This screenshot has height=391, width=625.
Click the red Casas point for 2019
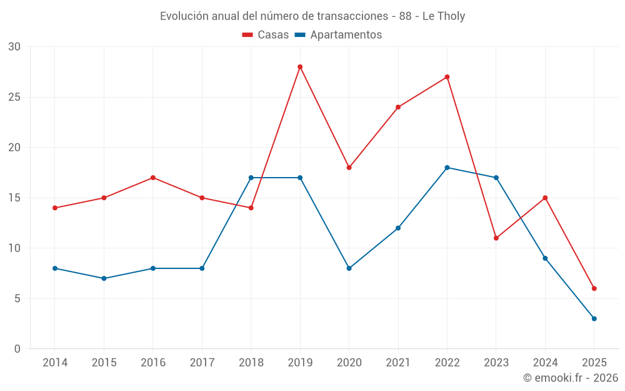click(300, 67)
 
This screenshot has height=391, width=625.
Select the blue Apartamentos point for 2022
click(447, 168)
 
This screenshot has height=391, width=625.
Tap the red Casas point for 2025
click(594, 288)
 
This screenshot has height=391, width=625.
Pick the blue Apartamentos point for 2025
click(594, 318)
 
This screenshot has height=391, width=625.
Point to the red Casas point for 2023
click(496, 238)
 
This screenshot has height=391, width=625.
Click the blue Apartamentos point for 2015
click(104, 278)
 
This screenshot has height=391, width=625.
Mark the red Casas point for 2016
click(153, 178)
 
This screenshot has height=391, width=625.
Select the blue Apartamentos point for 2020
click(349, 268)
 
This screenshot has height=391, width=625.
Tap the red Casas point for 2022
click(447, 77)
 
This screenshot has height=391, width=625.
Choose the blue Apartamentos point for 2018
click(251, 178)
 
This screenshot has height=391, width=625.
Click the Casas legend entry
click(266, 35)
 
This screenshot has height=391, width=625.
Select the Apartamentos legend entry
click(338, 35)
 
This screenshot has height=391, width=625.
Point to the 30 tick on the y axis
click(14, 47)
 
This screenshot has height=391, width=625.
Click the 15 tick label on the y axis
click(14, 198)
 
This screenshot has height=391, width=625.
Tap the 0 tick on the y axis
click(17, 349)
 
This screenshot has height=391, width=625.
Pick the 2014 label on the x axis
click(55, 363)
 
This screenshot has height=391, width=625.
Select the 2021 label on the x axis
click(398, 363)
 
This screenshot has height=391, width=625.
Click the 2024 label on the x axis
click(545, 363)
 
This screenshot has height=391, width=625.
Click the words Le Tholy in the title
click(444, 16)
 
